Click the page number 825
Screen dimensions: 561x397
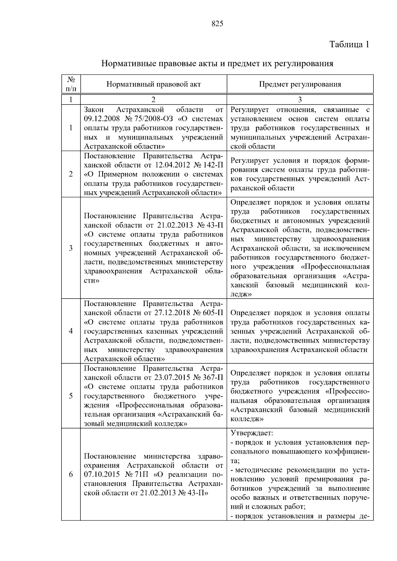pyautogui.click(x=217, y=23)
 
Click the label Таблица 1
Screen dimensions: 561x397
pyautogui.click(x=349, y=44)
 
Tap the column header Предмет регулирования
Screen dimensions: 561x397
pyautogui.click(x=300, y=84)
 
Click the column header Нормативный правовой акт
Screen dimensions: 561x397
pyautogui.click(x=154, y=84)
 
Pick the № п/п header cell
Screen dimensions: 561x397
pyautogui.click(x=71, y=84)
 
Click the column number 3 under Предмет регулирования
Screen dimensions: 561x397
pyautogui.click(x=300, y=100)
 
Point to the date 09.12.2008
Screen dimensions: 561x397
pyautogui.click(x=100, y=119)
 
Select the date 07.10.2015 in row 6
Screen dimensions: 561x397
pyautogui.click(x=100, y=475)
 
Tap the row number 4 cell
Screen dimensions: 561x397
pyautogui.click(x=71, y=331)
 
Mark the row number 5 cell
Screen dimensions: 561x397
pyautogui.click(x=71, y=396)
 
